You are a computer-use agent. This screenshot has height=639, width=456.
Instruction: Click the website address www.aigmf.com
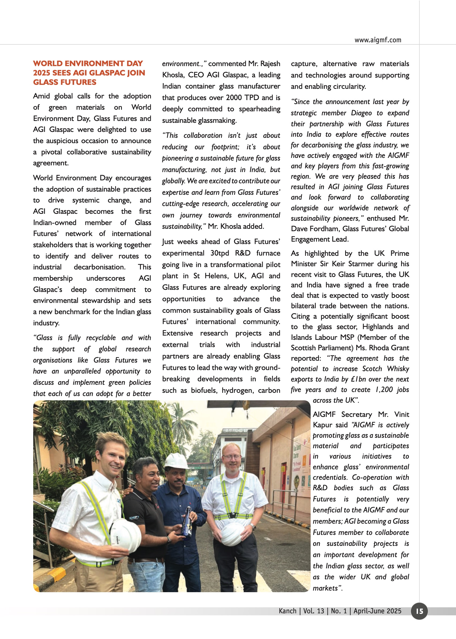point(378,40)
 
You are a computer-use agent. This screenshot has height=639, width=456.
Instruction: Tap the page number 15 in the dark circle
point(419,611)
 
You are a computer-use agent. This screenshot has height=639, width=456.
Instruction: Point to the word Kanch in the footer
point(288,611)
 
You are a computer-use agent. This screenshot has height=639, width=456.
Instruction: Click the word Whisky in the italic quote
point(398,369)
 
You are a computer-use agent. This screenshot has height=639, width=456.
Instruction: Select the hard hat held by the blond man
point(126,536)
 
